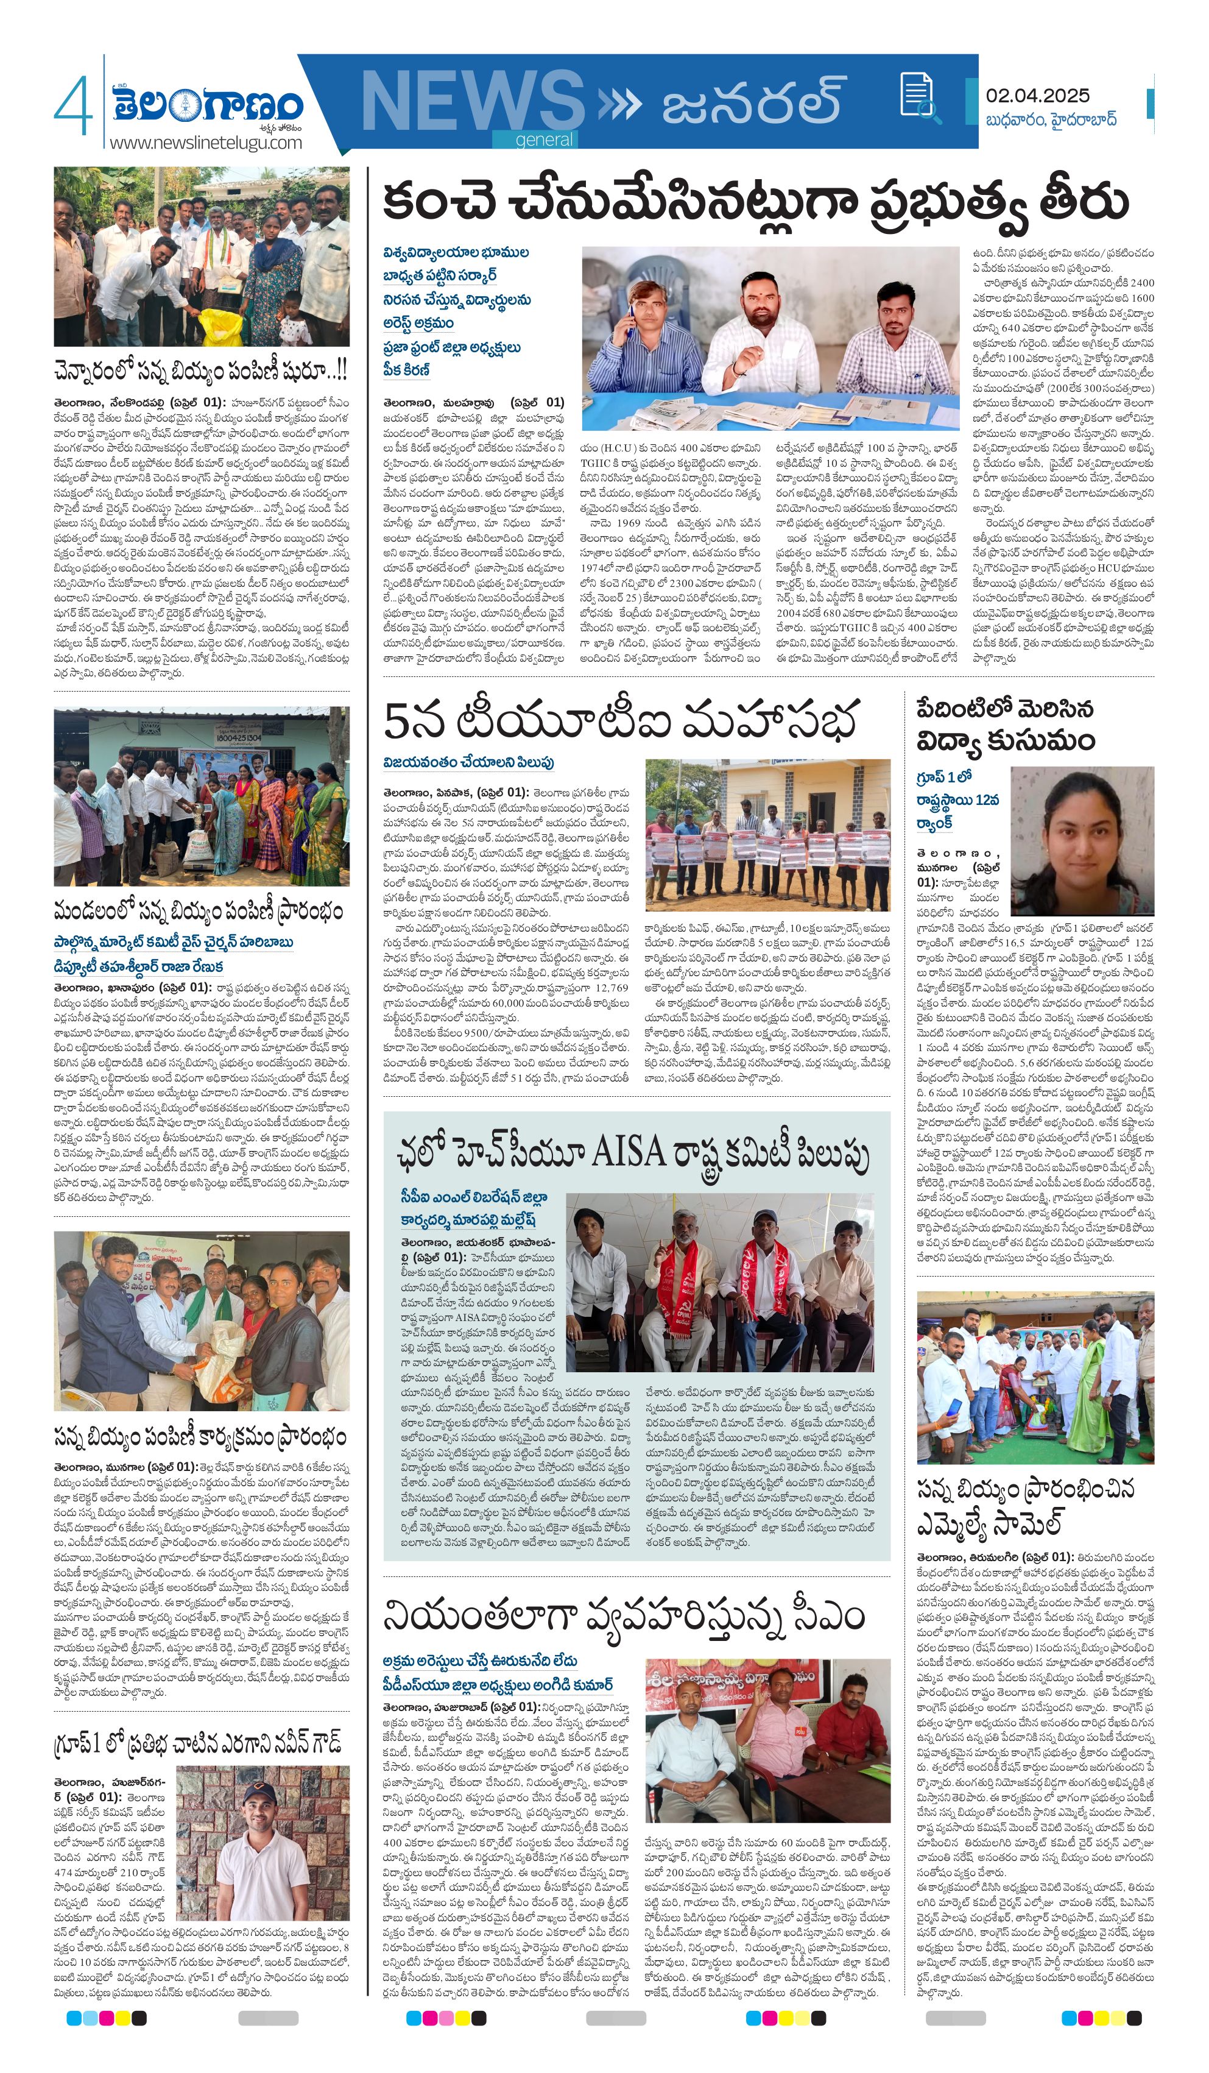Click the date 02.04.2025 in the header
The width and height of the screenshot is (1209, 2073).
point(1037,96)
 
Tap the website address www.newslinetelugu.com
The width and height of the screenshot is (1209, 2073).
point(206,143)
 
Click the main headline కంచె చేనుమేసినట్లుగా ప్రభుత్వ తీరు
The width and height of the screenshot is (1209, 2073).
point(755,202)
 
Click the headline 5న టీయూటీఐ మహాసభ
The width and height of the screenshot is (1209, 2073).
point(621,719)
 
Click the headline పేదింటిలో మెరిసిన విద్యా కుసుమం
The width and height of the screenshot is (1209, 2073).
point(1005,726)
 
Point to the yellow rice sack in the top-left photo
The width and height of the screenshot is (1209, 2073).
point(221,327)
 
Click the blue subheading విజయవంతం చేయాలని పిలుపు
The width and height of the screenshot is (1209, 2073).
point(468,762)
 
